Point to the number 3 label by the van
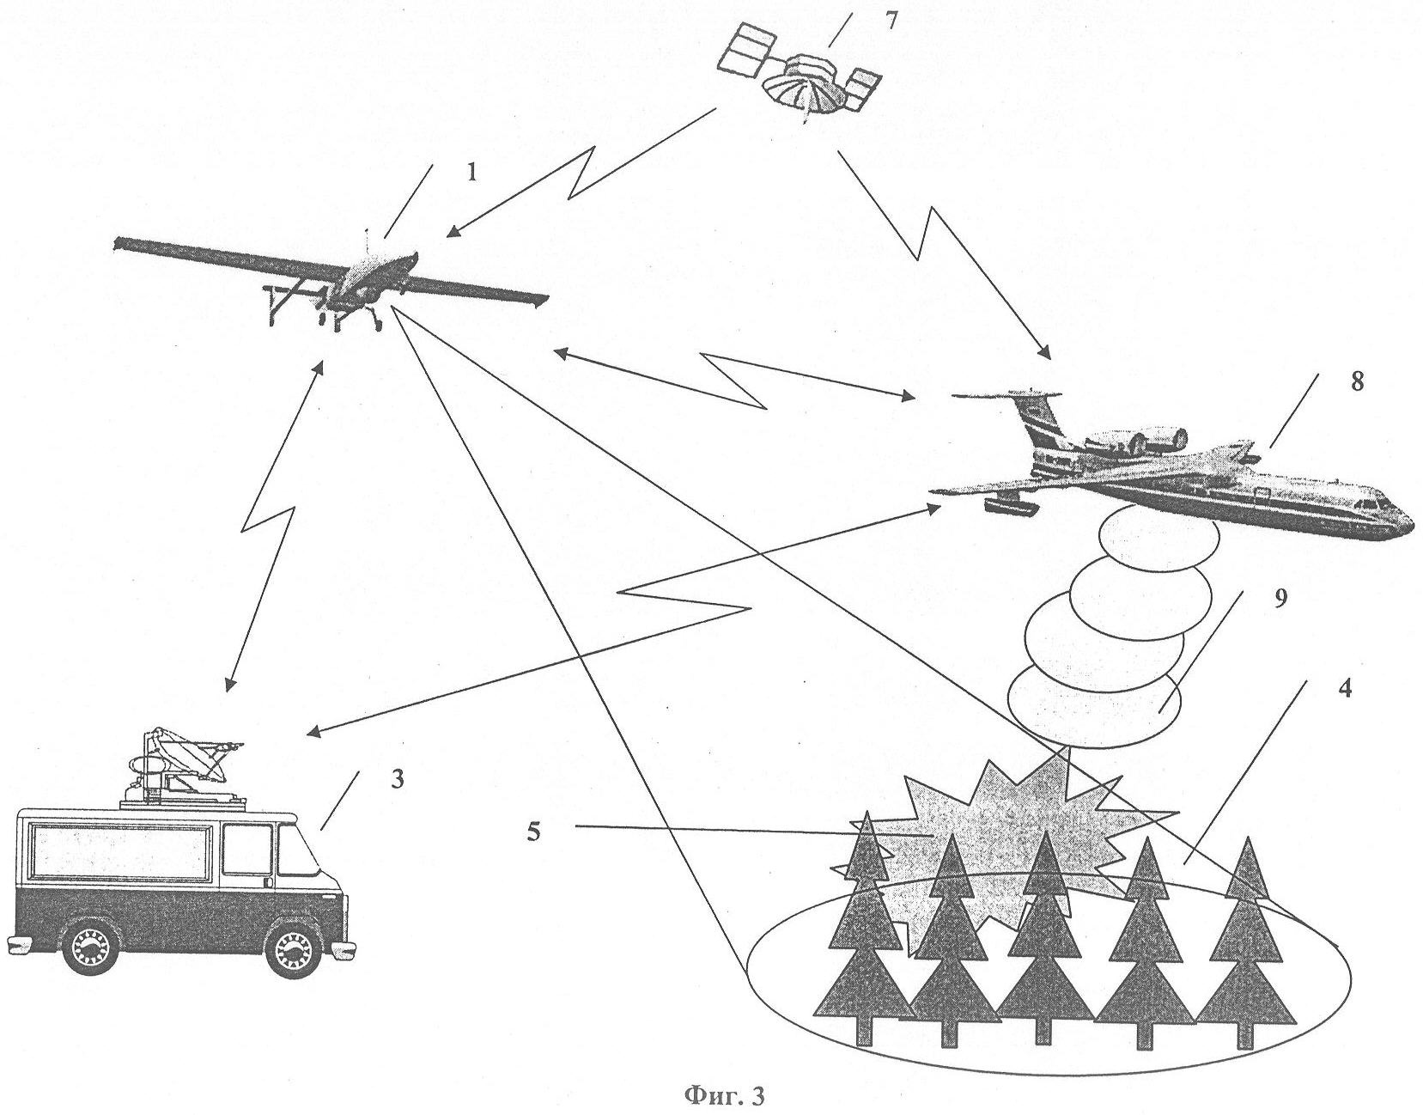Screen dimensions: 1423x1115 coord(396,780)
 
